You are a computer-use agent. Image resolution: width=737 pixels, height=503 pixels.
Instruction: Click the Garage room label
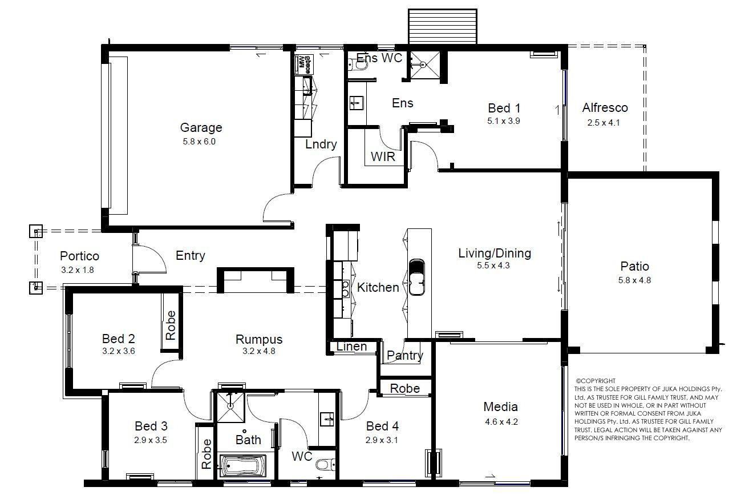[201, 127]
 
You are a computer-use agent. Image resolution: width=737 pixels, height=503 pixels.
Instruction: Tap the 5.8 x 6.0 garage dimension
[199, 142]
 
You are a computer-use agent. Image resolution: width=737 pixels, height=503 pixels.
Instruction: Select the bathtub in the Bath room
[243, 466]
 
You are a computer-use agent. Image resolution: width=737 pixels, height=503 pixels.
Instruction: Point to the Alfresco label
[605, 108]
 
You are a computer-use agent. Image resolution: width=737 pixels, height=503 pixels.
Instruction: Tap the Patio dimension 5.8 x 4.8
[634, 280]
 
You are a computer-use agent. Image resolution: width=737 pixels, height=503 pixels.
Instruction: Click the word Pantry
[404, 356]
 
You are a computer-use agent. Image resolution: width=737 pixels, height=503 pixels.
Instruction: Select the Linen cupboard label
[351, 347]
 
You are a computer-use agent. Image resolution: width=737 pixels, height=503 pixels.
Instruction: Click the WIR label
[383, 157]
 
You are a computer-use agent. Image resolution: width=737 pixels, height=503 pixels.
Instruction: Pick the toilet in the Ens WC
[358, 66]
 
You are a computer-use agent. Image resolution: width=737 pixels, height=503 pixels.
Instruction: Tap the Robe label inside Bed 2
[171, 325]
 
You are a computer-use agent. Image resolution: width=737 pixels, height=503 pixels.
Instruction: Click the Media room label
[500, 407]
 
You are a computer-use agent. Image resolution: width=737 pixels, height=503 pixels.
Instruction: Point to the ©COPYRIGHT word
[595, 381]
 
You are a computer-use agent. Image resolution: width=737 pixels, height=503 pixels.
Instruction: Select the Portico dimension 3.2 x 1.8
[78, 270]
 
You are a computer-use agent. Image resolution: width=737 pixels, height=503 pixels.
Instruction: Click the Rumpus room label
[259, 339]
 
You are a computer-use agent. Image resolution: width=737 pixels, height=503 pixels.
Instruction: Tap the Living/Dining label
[495, 253]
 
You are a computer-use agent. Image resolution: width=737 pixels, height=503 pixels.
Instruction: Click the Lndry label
[321, 144]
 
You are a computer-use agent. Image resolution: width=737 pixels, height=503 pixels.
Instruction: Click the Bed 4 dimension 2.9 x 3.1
[382, 440]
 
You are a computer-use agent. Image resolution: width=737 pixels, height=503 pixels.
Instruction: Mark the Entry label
[190, 256]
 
